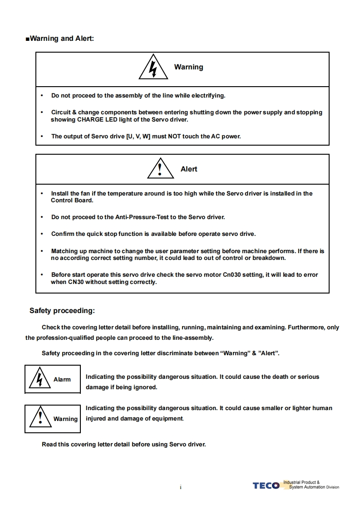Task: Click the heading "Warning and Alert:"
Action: point(62,39)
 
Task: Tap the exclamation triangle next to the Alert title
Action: point(159,169)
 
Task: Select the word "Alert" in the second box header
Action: point(189,169)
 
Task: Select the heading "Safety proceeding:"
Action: point(62,311)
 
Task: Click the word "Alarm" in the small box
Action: point(62,380)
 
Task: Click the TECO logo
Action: point(266,486)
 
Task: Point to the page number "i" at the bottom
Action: point(180,488)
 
